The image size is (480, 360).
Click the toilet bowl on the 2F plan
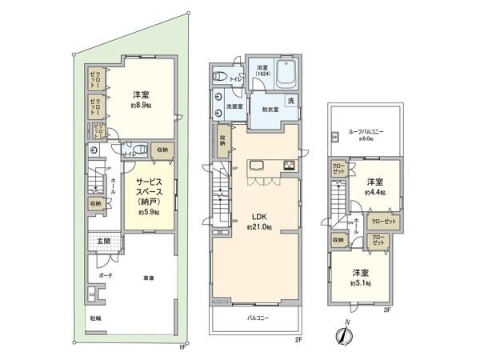[221, 77]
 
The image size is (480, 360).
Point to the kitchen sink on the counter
[258, 166]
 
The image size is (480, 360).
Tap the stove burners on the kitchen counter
[288, 166]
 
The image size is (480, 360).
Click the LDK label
[258, 217]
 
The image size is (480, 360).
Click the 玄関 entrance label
[105, 242]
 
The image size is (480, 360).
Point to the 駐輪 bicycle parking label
[95, 318]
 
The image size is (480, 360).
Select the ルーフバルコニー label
[366, 130]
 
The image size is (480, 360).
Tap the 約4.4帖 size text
[374, 193]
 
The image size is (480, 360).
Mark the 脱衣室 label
[270, 110]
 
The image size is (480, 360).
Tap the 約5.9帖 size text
[147, 212]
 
